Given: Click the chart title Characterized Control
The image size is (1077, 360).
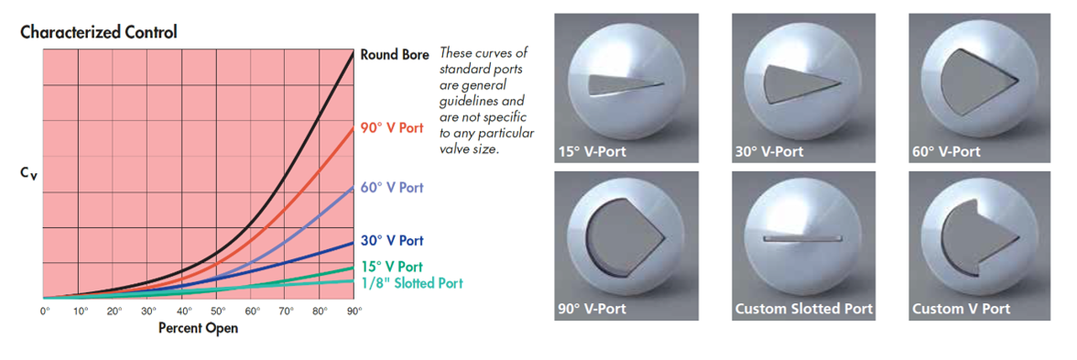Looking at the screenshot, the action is coord(99,31).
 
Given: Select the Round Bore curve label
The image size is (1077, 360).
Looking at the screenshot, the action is coord(394,55).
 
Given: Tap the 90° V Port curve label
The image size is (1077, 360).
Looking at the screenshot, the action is coord(392,128).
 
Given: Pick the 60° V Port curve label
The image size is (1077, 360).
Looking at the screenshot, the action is coord(392,188).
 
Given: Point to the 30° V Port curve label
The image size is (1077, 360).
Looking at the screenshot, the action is coord(392,240).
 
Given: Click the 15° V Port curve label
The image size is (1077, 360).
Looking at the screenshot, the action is coord(392,267).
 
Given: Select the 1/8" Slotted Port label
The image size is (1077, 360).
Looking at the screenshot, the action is coord(411,282).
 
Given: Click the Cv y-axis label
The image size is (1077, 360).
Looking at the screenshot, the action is coord(25,176).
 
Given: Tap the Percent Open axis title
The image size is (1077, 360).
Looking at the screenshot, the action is coord(199,328).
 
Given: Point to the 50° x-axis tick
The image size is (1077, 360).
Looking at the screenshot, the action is coord(217,311).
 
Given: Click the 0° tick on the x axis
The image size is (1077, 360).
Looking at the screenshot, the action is coord(45,311).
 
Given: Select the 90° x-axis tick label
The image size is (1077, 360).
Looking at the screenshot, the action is coord(354,311).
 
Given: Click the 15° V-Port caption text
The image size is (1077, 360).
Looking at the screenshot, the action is coord(592,151).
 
